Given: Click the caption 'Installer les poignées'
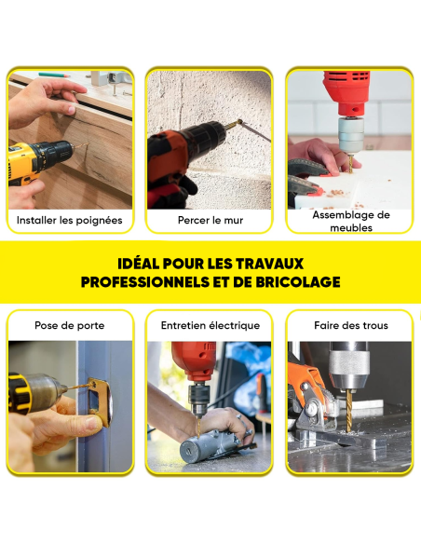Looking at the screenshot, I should coord(69,222).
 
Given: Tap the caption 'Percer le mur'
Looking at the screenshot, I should coord(210,222).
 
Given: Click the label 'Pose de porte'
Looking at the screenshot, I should coord(69,326).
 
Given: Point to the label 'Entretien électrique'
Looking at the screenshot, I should coord(210,326).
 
